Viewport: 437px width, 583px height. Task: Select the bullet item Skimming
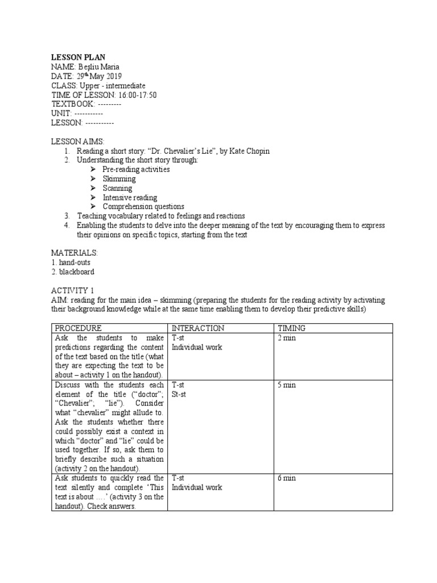pos(119,179)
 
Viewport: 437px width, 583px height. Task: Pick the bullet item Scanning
pos(117,188)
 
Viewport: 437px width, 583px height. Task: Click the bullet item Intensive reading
pos(130,197)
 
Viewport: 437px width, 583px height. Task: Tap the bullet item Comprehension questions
pos(143,206)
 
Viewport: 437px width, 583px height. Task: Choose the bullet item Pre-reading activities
pos(136,170)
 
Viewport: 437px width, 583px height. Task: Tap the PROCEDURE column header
pos(79,328)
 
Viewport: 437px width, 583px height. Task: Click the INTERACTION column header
pos(198,328)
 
